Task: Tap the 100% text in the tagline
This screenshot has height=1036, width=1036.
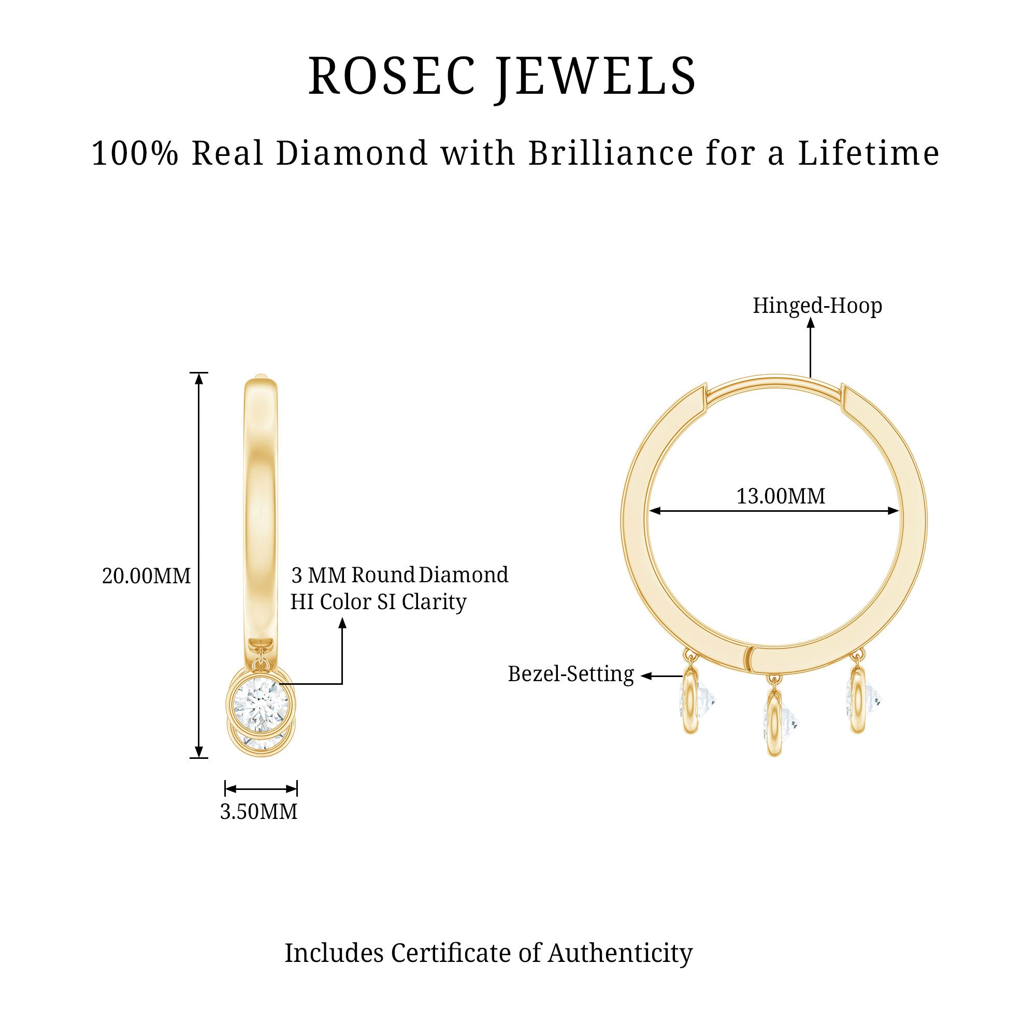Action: (x=135, y=153)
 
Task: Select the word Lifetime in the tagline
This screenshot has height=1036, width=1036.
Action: (x=869, y=153)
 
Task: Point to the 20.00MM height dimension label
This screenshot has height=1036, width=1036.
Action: (x=147, y=576)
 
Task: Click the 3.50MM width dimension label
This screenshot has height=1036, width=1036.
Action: (x=258, y=811)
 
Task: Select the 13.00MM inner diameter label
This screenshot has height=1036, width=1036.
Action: (x=780, y=496)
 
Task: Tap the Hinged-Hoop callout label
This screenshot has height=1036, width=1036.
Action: (x=817, y=306)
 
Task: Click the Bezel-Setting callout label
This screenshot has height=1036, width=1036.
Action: (x=570, y=674)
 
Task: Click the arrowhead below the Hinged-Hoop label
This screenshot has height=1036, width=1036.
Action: (x=810, y=323)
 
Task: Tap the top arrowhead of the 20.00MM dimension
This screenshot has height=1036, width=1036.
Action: (x=199, y=379)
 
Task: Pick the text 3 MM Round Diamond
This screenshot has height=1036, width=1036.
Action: (x=399, y=575)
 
